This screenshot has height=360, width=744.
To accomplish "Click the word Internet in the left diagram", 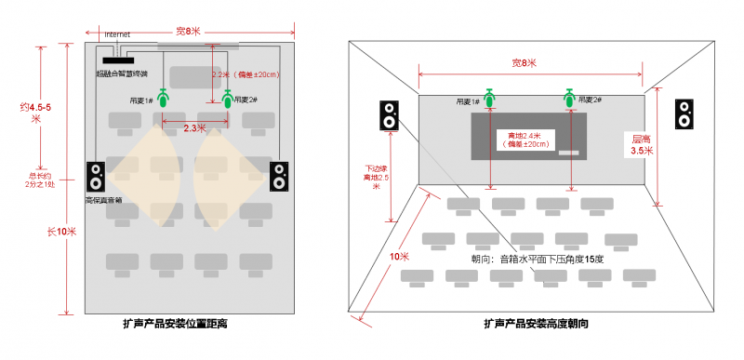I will (117, 34).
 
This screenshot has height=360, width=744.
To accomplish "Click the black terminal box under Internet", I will (116, 61).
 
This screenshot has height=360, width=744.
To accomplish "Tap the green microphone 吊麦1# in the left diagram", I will (164, 97).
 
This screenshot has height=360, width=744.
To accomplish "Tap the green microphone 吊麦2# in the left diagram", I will (228, 97).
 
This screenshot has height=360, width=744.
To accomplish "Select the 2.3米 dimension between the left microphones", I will (195, 127).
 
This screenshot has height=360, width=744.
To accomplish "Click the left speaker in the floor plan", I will (96, 177).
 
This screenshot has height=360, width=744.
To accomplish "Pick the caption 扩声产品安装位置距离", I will (176, 325).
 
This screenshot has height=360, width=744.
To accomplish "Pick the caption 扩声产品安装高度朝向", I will (536, 325).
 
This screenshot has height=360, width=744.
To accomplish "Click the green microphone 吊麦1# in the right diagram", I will (488, 96).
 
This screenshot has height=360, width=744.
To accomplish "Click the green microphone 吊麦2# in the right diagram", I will (569, 96).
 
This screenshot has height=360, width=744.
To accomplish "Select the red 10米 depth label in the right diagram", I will (398, 256).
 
